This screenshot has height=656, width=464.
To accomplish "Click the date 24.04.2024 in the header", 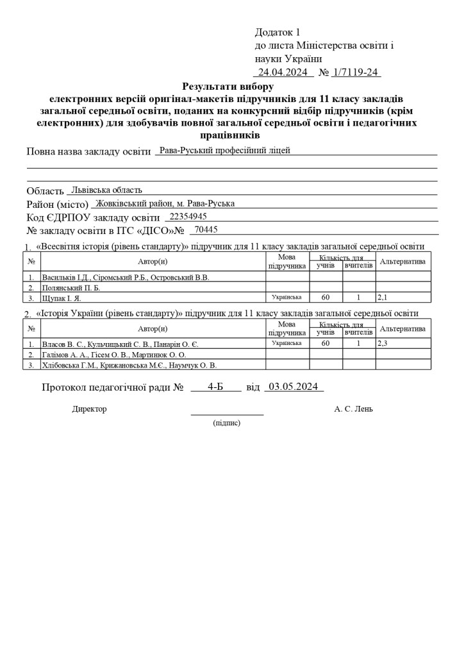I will pos(283,72).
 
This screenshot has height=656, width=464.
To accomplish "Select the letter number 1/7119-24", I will pos(356,72).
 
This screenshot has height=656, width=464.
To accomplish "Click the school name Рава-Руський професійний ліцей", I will pos(225,151).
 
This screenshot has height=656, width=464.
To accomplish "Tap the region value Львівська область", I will pos(107,190).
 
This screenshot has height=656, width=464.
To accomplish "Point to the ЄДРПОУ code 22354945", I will pos(186,216).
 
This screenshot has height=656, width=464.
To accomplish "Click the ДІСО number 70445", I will pos(206,230).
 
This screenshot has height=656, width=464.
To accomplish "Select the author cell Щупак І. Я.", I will pos(62,298).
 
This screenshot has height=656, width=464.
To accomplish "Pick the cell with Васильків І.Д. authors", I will pos(126,277).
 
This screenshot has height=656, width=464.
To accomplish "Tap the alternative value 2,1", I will pos(383,298).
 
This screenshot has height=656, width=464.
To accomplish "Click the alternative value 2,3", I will pos(383,344).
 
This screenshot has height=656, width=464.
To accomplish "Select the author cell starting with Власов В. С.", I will pos(120,344).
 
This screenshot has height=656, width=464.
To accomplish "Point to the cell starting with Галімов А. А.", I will pos(114,354).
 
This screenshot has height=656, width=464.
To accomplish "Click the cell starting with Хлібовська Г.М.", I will pos(129,364).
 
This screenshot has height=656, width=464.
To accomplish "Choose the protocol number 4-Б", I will pos(215,387).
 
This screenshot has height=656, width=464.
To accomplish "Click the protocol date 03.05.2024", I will pos(294,387).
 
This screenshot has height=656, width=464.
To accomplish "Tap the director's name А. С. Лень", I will pos(353,408).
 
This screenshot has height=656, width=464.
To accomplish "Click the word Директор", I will pos(90,408).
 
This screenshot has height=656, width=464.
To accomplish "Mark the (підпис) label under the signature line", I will pos(227,423).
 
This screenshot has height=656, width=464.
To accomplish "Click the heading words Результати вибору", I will pos(228,86).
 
